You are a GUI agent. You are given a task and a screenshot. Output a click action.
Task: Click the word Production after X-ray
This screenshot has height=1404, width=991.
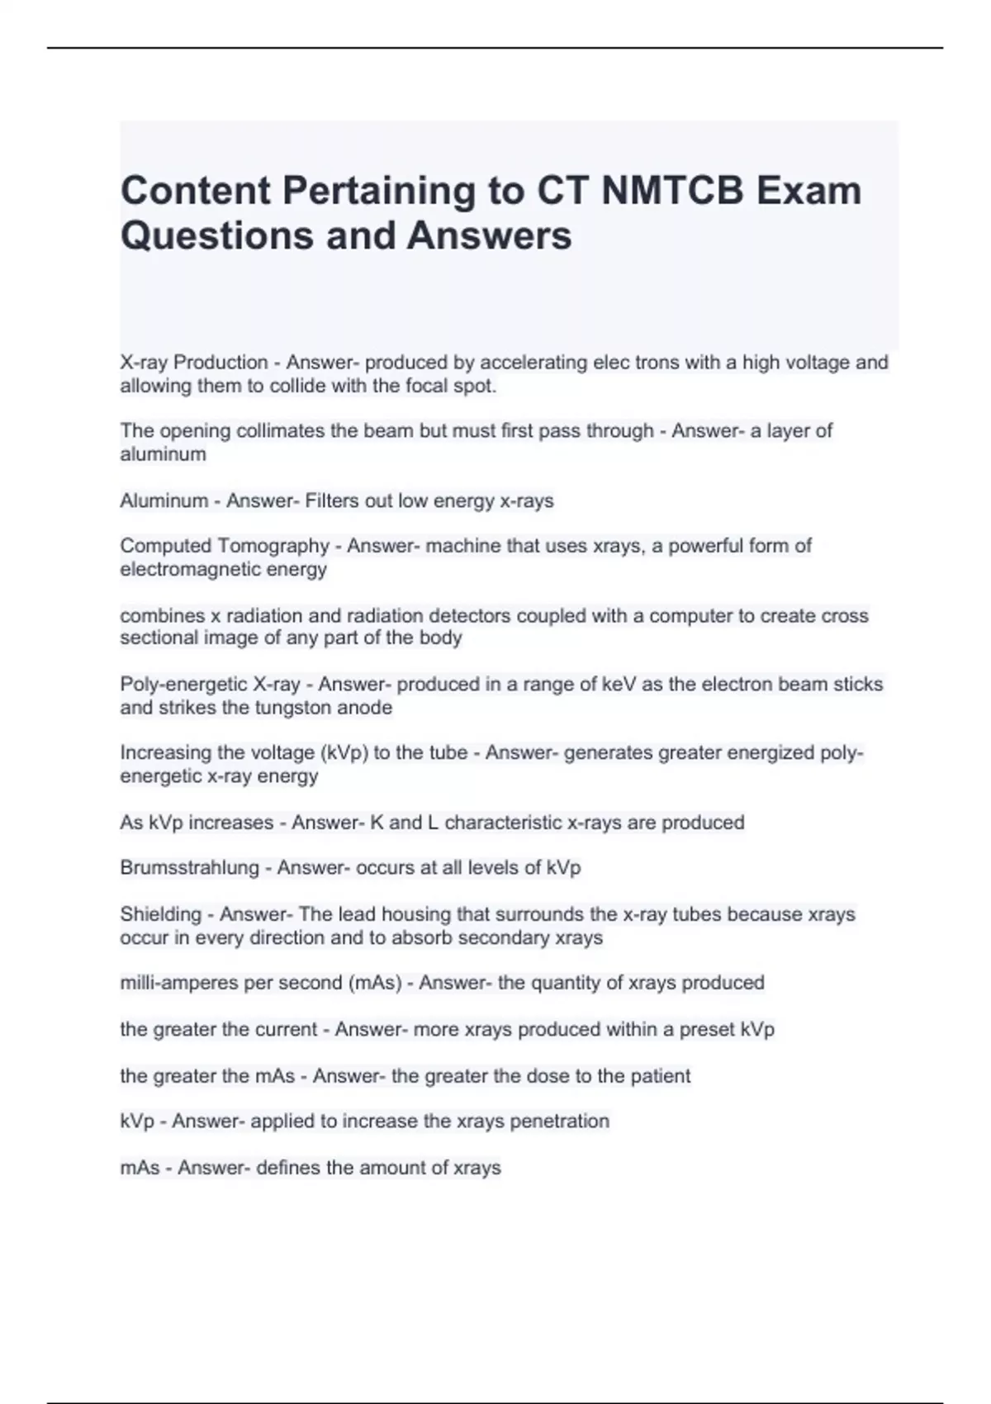(220, 363)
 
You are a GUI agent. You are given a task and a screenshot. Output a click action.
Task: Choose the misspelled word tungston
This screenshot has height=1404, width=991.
(298, 708)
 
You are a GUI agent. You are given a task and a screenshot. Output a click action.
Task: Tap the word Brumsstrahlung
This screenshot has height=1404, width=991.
(189, 868)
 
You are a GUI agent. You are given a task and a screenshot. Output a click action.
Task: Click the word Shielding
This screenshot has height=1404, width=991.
(160, 914)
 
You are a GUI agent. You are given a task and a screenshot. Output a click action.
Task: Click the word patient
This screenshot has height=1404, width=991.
(660, 1076)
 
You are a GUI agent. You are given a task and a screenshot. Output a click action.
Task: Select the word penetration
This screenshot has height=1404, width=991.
(559, 1122)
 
